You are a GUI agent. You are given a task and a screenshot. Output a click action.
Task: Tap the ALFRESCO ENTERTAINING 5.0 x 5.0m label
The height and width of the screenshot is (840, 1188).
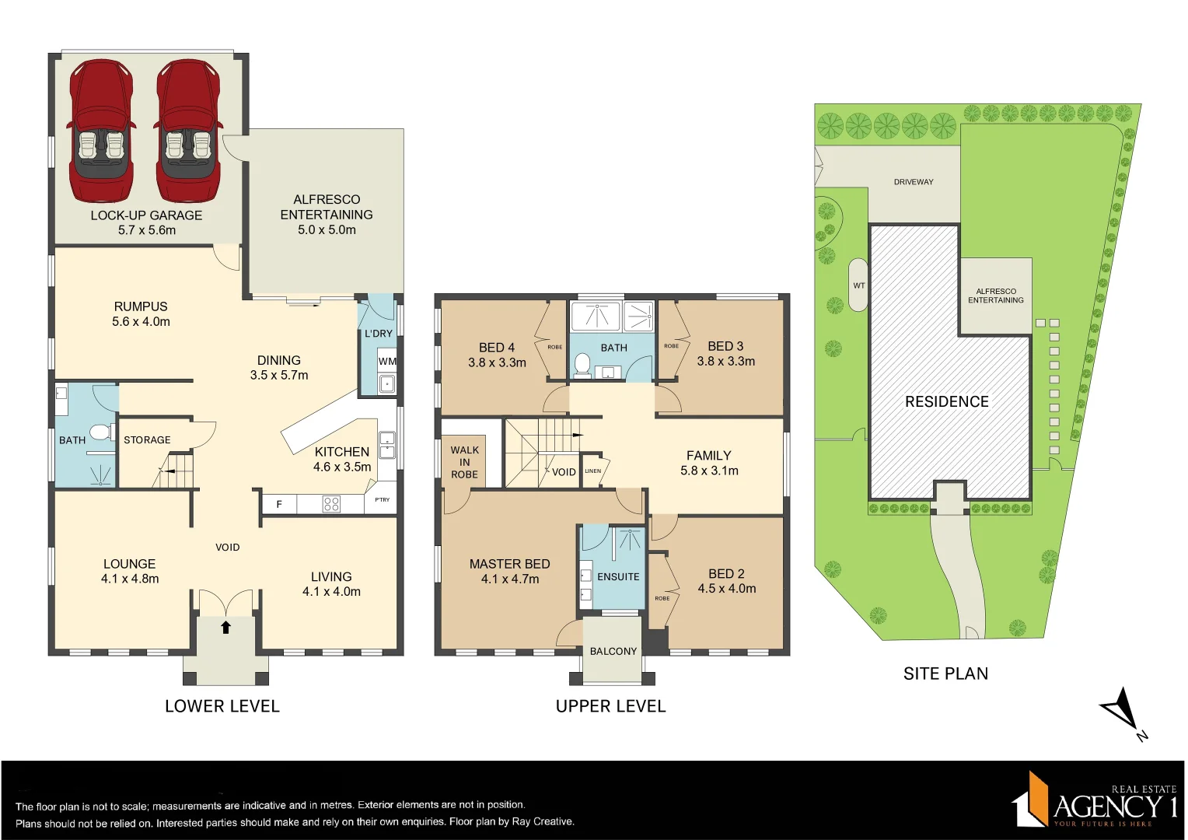[x=327, y=215]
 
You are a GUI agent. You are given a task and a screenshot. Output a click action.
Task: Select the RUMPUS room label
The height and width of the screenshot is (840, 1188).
[x=141, y=306]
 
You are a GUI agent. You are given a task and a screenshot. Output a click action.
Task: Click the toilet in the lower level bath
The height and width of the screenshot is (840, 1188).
[x=100, y=432]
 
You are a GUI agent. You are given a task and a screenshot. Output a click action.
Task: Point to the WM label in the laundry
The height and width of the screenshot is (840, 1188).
[x=387, y=362]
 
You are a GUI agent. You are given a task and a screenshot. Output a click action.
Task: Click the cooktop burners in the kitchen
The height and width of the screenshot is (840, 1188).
[x=331, y=504]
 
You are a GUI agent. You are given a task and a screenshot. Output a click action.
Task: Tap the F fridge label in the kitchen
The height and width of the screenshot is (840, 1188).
[x=279, y=505]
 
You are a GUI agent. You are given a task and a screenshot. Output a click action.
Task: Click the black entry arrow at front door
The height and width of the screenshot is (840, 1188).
[x=226, y=627]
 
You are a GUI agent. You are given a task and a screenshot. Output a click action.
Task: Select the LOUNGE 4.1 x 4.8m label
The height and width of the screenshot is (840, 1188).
[x=130, y=571]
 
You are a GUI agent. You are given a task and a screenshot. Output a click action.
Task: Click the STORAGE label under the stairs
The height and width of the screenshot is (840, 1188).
[x=147, y=440]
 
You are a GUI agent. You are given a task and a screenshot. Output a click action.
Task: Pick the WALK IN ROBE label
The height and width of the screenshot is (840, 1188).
[x=464, y=462]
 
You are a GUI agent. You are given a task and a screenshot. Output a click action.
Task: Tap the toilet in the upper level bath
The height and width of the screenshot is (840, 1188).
[x=582, y=364]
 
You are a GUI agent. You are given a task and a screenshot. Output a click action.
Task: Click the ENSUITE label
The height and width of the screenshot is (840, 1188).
[x=618, y=577]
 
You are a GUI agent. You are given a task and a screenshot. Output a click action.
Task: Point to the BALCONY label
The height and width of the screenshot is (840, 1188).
[x=613, y=652]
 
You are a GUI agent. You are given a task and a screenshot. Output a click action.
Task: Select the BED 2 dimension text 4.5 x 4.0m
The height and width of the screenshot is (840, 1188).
[x=727, y=589]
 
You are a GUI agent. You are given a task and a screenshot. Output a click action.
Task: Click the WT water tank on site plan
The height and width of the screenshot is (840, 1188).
[x=858, y=285]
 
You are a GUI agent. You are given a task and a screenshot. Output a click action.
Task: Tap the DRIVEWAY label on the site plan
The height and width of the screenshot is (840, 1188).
[x=914, y=182]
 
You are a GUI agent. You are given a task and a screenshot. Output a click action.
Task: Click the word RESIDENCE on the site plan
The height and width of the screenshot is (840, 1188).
[x=947, y=402]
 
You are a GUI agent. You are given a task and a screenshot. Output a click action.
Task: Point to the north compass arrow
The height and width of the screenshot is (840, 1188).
[x=1121, y=711]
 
